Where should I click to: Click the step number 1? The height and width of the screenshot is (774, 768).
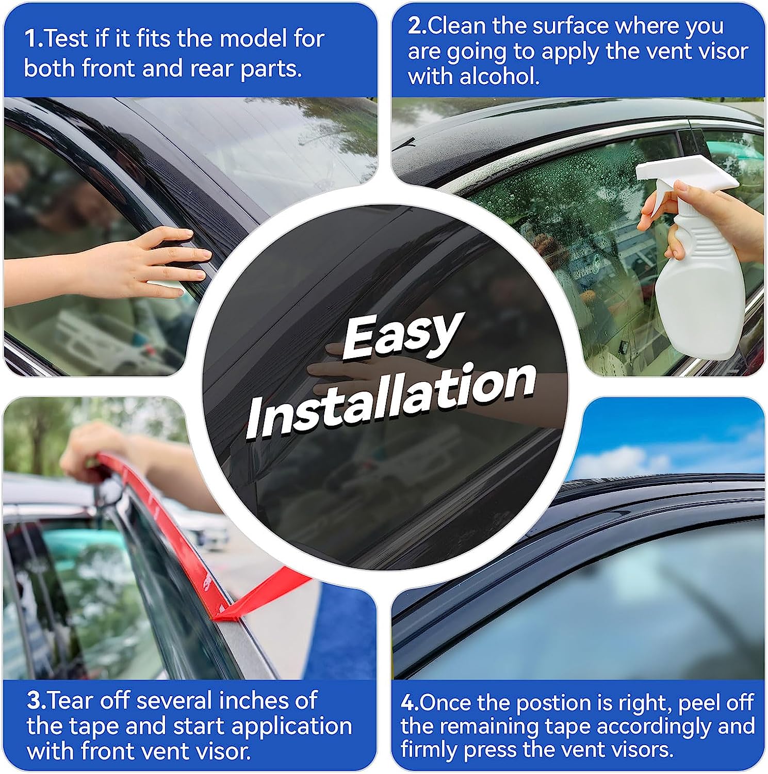[x=31, y=39]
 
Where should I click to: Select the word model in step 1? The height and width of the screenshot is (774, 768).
[x=250, y=39]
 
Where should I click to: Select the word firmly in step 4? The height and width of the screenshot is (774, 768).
[x=429, y=749]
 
